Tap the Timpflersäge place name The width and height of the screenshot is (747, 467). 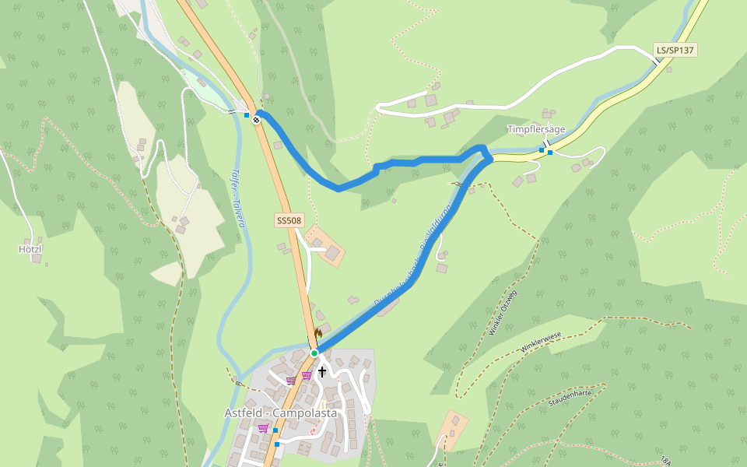536,129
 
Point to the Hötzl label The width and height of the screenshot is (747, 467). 30,249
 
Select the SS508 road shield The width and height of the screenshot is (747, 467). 289,221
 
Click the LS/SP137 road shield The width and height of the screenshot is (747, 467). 675,51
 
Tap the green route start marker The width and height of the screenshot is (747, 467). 314,353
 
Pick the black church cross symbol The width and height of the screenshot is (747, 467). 322,372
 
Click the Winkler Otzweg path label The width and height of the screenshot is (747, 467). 503,313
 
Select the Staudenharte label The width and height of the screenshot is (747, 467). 570,398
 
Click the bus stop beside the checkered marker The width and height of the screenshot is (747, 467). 247,115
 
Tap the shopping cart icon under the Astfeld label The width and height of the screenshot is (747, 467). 263,428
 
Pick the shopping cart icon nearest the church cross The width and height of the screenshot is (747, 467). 307,375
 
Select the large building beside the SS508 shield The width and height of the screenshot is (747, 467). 333,253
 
